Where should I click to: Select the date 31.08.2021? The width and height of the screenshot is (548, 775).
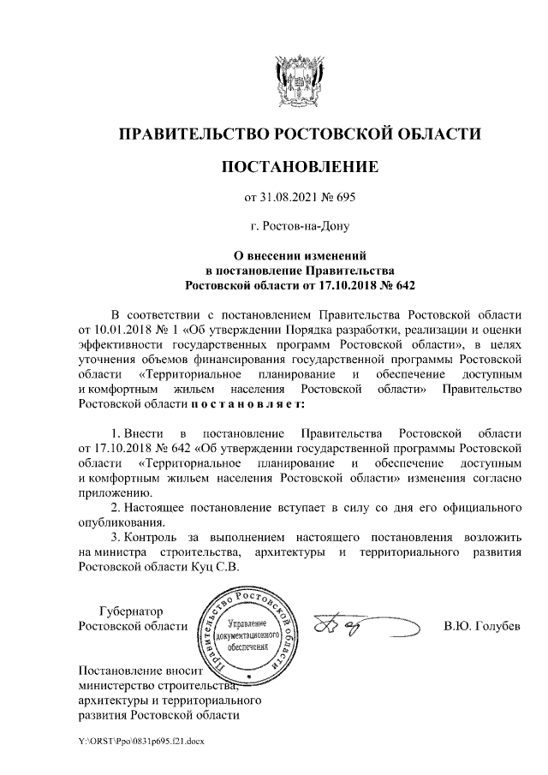(289, 198)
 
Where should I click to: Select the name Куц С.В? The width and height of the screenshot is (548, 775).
(216, 566)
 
